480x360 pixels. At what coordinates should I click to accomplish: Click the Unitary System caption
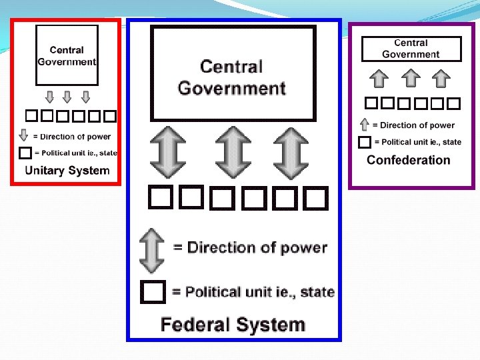pyautogui.click(x=67, y=170)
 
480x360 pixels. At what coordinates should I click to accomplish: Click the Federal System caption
pyautogui.click(x=233, y=325)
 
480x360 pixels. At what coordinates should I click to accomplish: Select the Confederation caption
pyautogui.click(x=408, y=160)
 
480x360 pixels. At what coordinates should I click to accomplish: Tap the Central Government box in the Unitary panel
pyautogui.click(x=67, y=56)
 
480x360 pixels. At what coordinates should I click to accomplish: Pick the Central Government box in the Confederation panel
pyautogui.click(x=411, y=49)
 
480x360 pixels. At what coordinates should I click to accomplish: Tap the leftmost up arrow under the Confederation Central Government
pyautogui.click(x=379, y=79)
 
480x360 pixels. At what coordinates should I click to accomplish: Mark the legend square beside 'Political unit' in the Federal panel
pyautogui.click(x=153, y=292)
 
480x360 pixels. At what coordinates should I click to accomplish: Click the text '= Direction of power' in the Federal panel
pyautogui.click(x=250, y=247)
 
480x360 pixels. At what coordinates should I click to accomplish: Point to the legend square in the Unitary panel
pyautogui.click(x=25, y=153)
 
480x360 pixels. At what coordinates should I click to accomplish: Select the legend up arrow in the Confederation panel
pyautogui.click(x=364, y=125)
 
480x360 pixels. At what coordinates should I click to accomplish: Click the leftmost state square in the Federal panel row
pyautogui.click(x=159, y=197)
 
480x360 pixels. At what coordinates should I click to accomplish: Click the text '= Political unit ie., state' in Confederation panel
pyautogui.click(x=417, y=142)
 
